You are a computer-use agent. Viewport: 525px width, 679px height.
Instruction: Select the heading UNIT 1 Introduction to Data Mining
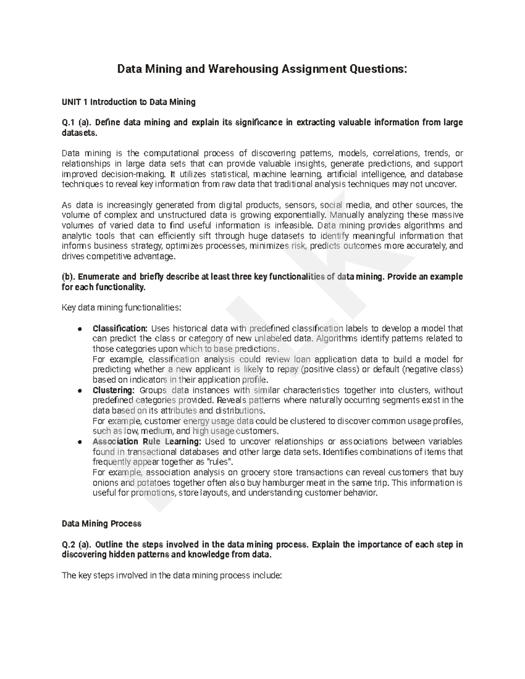pyautogui.click(x=129, y=102)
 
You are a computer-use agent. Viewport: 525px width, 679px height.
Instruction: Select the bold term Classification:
pyautogui.click(x=120, y=328)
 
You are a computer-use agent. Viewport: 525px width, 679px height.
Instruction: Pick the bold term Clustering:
pyautogui.click(x=113, y=390)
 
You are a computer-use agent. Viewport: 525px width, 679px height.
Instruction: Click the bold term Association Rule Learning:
pyautogui.click(x=147, y=442)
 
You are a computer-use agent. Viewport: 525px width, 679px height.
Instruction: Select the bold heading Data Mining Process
pyautogui.click(x=101, y=523)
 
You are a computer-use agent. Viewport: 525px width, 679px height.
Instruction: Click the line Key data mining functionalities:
pyautogui.click(x=121, y=308)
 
